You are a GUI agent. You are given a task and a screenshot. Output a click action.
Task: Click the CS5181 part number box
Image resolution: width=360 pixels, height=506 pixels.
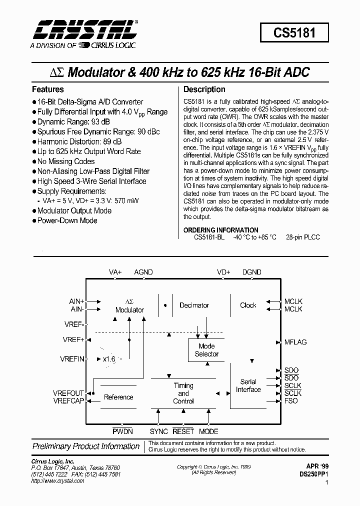[x=294, y=33]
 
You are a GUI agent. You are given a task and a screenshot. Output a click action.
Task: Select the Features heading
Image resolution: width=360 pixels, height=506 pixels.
[x=48, y=89]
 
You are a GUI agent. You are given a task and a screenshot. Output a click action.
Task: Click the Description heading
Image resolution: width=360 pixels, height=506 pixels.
[x=204, y=89]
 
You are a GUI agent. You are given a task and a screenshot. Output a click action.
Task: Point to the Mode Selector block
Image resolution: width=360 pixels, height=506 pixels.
[x=206, y=350]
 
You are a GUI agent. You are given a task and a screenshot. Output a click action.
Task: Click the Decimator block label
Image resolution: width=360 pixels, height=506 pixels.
[x=194, y=305]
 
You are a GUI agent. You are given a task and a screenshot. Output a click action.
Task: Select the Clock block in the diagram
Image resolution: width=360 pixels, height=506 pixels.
[x=248, y=305]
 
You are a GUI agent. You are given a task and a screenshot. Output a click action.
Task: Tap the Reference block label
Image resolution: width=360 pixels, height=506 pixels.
[x=118, y=397]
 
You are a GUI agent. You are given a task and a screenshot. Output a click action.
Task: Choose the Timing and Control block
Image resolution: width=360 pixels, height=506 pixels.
[x=183, y=393]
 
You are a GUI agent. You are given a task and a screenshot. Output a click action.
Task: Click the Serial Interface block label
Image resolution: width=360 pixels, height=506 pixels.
[x=248, y=385]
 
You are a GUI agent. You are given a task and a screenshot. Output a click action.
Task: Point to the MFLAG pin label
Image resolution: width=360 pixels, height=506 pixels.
[x=295, y=342]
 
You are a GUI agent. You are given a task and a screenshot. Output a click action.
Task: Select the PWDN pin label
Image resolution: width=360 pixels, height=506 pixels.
[x=122, y=431]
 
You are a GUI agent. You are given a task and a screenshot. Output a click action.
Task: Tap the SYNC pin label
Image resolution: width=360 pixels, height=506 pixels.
[x=159, y=431]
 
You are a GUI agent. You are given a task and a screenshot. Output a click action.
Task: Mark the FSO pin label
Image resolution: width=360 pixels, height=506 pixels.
[x=291, y=401]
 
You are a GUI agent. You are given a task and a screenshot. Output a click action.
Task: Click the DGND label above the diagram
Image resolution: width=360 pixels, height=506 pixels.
[x=252, y=272]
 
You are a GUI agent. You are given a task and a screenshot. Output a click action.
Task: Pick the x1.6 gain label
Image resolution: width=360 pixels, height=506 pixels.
[x=109, y=359]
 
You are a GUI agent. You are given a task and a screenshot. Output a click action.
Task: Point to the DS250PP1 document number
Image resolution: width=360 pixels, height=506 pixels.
[x=314, y=474]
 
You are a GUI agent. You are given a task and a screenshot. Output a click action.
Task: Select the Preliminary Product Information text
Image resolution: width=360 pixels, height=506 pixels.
[x=86, y=446]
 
